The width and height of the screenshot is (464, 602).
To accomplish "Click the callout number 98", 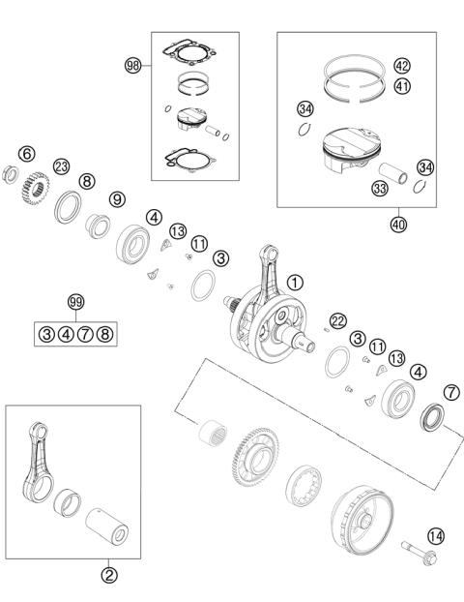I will (x=133, y=66).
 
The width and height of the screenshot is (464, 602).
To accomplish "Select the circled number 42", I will (x=402, y=66).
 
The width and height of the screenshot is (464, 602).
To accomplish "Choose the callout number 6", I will (x=27, y=154).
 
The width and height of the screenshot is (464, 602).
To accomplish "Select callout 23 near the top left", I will (x=62, y=166).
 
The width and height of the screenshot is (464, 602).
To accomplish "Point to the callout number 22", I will (x=337, y=320).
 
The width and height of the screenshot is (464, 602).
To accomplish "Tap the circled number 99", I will (x=75, y=302).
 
